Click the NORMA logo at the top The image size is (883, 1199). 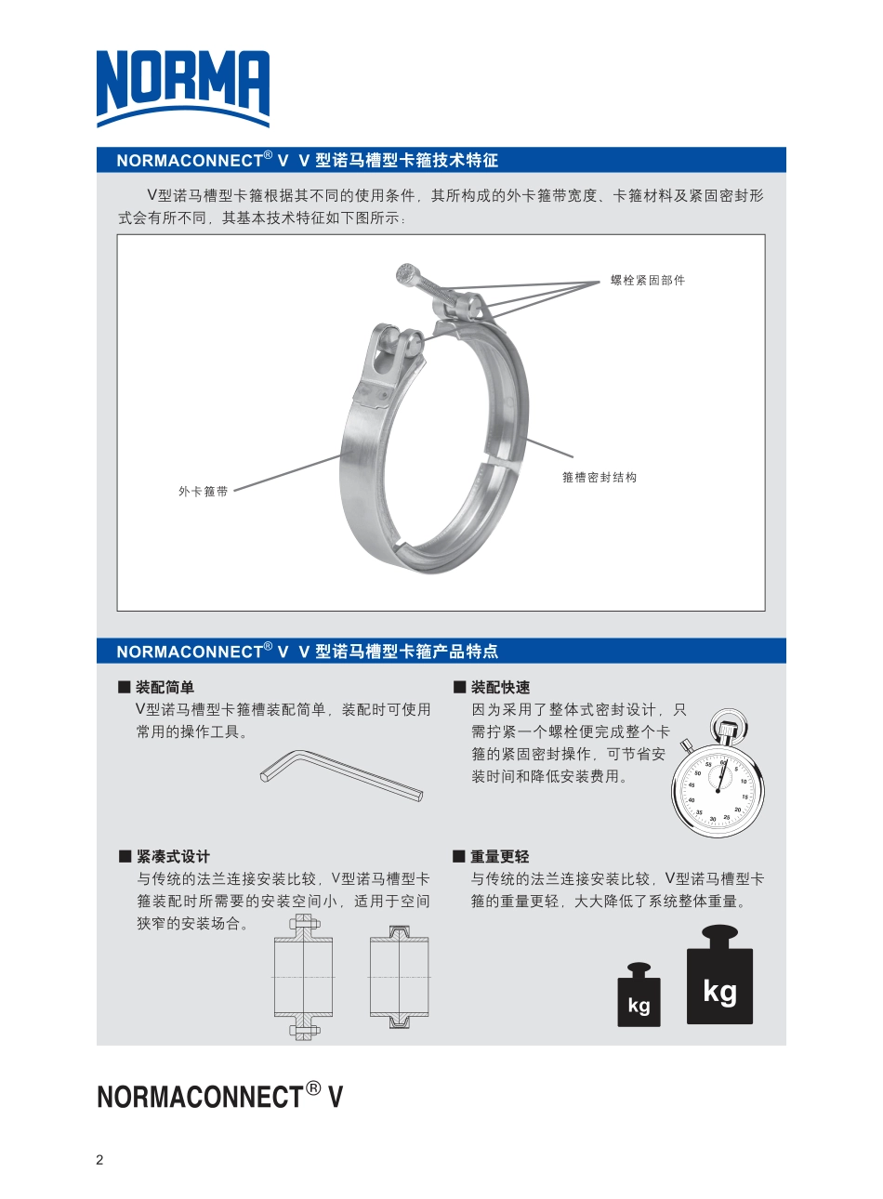(x=183, y=88)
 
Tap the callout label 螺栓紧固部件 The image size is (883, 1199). (x=648, y=280)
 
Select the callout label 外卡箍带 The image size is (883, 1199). (x=203, y=491)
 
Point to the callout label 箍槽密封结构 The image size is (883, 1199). (x=600, y=477)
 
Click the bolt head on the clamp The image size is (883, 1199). (x=406, y=273)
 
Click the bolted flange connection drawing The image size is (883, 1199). (x=304, y=977)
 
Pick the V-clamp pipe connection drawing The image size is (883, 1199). (x=400, y=977)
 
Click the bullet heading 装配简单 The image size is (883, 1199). (x=165, y=687)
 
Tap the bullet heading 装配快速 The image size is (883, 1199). (x=500, y=687)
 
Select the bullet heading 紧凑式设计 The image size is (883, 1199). (x=173, y=856)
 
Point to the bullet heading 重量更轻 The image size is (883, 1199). (x=499, y=856)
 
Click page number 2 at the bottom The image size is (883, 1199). (x=100, y=1159)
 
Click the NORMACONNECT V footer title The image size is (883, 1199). (x=219, y=1097)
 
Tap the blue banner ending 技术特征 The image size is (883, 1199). (x=307, y=160)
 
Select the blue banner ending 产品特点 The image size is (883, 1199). (x=307, y=651)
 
